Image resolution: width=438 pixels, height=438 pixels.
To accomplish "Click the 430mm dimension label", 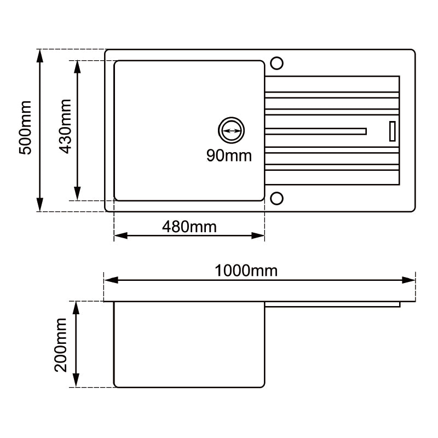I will pyautogui.click(x=65, y=126).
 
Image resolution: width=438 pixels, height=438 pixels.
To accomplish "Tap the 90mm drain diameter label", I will pyautogui.click(x=229, y=155).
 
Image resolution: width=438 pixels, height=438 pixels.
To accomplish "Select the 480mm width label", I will pyautogui.click(x=189, y=226).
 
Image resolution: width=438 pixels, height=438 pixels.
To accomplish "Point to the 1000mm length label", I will pyautogui.click(x=246, y=270).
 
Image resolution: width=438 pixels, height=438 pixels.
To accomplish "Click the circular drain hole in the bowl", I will pyautogui.click(x=231, y=131).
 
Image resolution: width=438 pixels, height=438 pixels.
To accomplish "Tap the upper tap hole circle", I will pyautogui.click(x=277, y=63).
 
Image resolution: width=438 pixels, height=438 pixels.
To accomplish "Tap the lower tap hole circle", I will pyautogui.click(x=277, y=198).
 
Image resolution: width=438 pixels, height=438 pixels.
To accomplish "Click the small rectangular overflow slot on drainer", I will pyautogui.click(x=392, y=131).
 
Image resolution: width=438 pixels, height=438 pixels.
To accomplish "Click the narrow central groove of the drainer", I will pyautogui.click(x=316, y=131).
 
